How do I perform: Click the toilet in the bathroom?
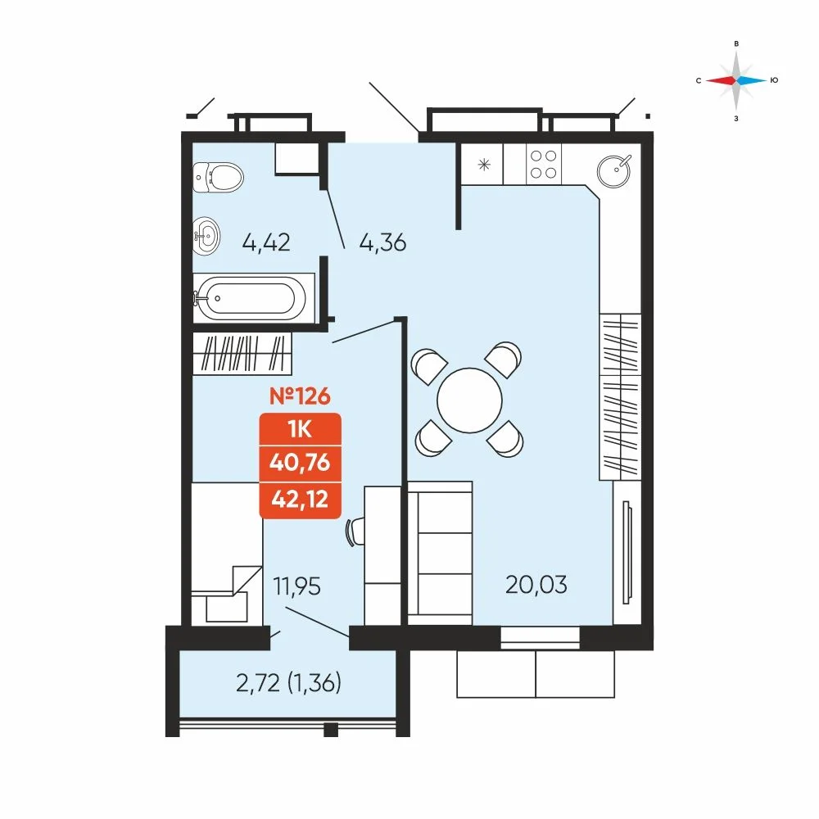click(218, 177)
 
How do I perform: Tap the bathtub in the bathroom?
click(251, 298)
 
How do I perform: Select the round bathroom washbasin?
click(206, 236)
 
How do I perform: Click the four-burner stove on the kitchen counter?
click(543, 164)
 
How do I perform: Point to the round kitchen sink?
click(613, 171)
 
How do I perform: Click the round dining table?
click(469, 400)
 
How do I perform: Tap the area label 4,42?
click(266, 242)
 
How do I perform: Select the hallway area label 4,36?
click(382, 243)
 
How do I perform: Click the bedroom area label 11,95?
click(296, 586)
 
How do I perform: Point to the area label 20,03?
click(536, 585)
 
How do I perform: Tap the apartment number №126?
click(300, 396)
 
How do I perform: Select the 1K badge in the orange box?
click(300, 429)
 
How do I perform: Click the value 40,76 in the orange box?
click(300, 462)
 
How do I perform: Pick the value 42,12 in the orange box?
click(300, 499)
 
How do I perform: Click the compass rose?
click(736, 80)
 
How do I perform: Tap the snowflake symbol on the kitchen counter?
click(484, 165)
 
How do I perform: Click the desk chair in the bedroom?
click(355, 532)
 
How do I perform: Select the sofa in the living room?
click(440, 553)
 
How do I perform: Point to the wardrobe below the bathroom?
click(242, 354)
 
